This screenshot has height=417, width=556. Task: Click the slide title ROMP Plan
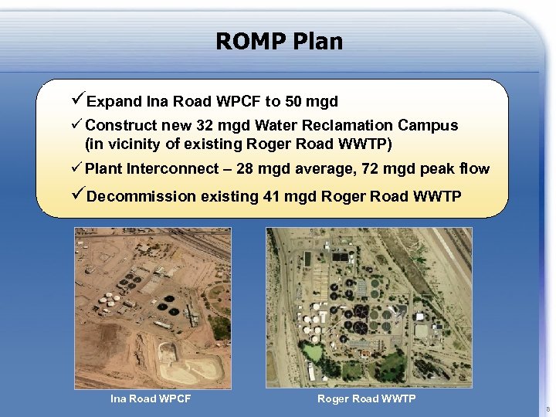[x=279, y=41]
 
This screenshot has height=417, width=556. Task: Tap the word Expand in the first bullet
[x=114, y=101]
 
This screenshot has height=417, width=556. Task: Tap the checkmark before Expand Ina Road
[x=77, y=100]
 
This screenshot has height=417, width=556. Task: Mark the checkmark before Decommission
[x=77, y=195]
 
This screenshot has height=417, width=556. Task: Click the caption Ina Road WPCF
[x=151, y=398]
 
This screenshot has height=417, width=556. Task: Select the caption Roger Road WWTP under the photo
[x=366, y=398]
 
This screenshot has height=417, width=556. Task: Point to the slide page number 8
[x=548, y=409]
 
